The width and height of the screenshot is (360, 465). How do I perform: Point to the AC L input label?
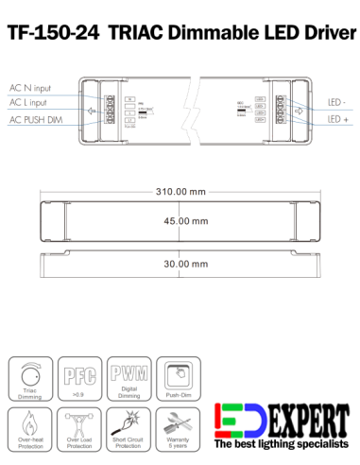tap(30, 101)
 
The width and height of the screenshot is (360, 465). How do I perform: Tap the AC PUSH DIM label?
tap(36, 120)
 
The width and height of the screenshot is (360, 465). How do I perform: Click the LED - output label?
tap(335, 101)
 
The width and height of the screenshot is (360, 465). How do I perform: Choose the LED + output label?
tap(335, 120)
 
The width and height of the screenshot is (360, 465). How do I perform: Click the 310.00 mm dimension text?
tap(180, 193)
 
